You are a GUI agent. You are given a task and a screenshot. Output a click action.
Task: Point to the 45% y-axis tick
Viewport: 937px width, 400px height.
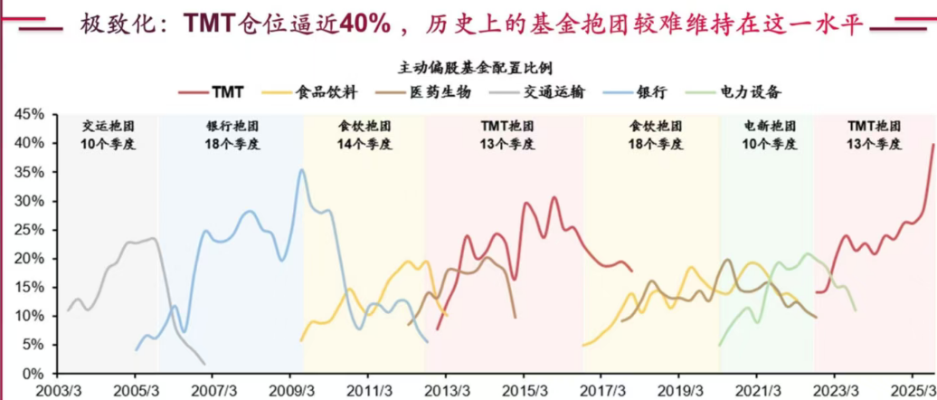coord(29,114)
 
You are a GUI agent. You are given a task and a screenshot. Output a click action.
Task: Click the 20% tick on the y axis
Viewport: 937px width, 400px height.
coord(29,259)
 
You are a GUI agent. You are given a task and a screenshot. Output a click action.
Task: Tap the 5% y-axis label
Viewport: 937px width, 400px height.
coord(33,345)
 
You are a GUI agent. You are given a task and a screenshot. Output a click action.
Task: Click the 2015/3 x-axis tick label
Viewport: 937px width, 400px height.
coord(525,389)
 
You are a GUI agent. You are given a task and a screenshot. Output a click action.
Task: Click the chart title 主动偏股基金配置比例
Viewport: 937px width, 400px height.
coord(475,68)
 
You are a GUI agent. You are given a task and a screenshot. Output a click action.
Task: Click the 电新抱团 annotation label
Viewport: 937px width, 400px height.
coord(770,126)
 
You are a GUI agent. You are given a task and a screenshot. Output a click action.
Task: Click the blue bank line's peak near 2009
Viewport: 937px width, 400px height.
coord(302,170)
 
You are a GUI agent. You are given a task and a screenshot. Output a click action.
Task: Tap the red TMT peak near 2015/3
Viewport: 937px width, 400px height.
coord(554,197)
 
